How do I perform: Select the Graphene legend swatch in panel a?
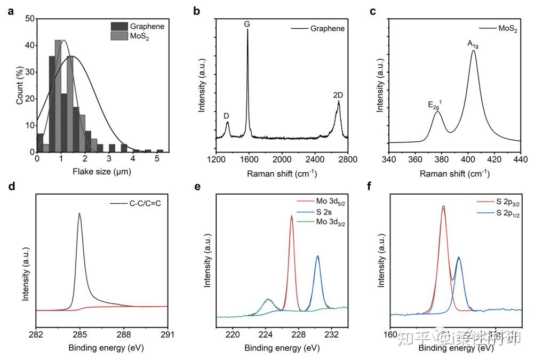(119, 26)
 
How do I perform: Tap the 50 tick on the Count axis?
(30, 19)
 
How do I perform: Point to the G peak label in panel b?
(247, 23)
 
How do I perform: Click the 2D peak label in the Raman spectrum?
(338, 95)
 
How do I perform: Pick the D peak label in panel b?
(227, 116)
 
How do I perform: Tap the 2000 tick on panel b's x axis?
(281, 159)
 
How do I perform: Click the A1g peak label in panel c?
(473, 44)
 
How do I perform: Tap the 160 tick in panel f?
(390, 335)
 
